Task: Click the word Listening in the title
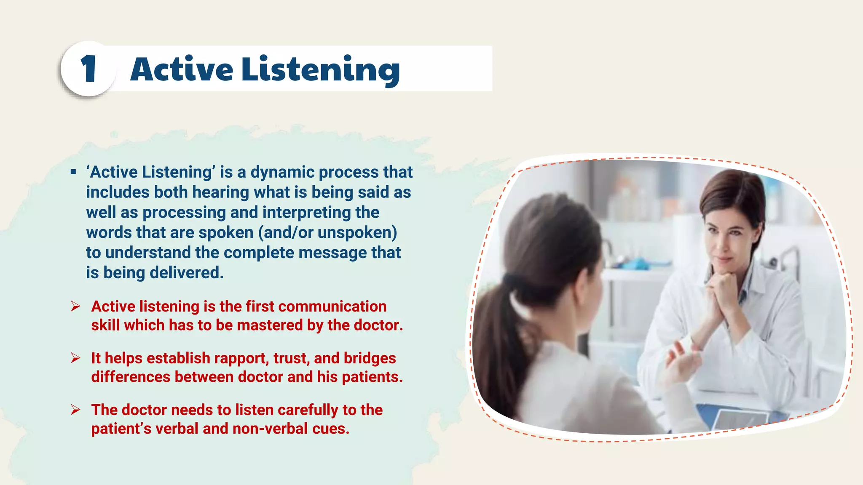(320, 69)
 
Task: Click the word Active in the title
(182, 69)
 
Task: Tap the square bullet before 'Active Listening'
(73, 172)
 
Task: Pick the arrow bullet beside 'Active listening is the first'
(75, 306)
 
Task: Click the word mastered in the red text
(270, 325)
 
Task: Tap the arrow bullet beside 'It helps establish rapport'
(75, 358)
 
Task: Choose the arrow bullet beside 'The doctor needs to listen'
(75, 410)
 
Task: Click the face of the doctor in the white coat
(727, 240)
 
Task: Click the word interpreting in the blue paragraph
(306, 213)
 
